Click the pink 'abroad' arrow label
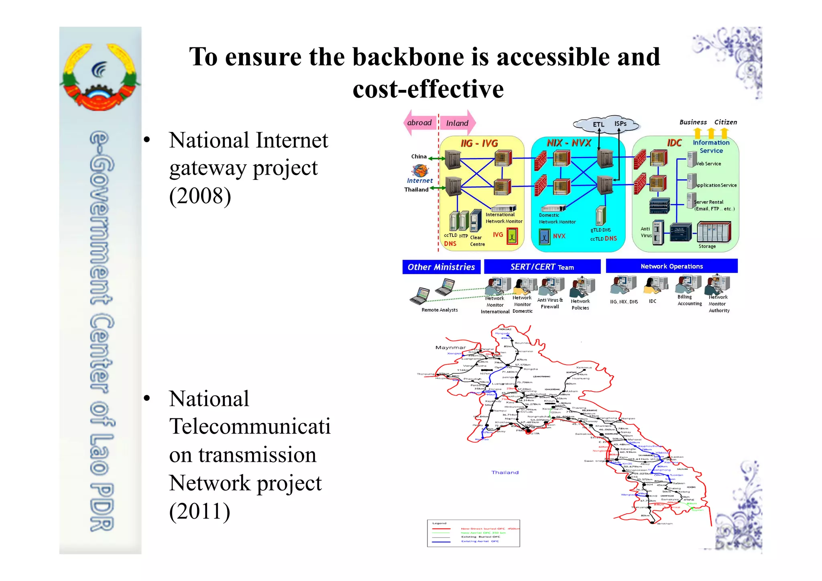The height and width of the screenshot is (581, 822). [x=419, y=122]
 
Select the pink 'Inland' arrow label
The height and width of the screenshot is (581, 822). [x=458, y=123]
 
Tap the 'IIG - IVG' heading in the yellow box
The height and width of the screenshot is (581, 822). [x=479, y=143]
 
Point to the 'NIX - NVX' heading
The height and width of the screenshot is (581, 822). [x=569, y=143]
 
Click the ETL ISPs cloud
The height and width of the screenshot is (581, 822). [x=606, y=124]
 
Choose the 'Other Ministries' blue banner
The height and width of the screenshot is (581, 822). [x=441, y=267]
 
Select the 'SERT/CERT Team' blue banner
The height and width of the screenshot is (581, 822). [x=542, y=267]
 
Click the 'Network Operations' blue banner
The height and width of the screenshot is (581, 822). [x=671, y=266]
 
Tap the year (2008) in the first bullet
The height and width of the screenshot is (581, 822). [x=200, y=196]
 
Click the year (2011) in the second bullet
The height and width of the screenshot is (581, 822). [x=200, y=511]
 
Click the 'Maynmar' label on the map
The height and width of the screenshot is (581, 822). [x=450, y=348]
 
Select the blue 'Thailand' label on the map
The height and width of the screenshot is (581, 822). [x=505, y=473]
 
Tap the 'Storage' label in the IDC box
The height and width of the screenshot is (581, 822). [x=707, y=247]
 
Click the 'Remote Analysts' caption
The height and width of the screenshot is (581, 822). [x=439, y=310]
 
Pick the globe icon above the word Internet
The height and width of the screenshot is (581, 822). [x=420, y=171]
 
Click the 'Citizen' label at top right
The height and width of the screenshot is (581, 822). [x=725, y=122]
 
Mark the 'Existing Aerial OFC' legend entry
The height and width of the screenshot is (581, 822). [x=480, y=541]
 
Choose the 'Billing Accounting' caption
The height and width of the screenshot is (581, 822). [x=689, y=300]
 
